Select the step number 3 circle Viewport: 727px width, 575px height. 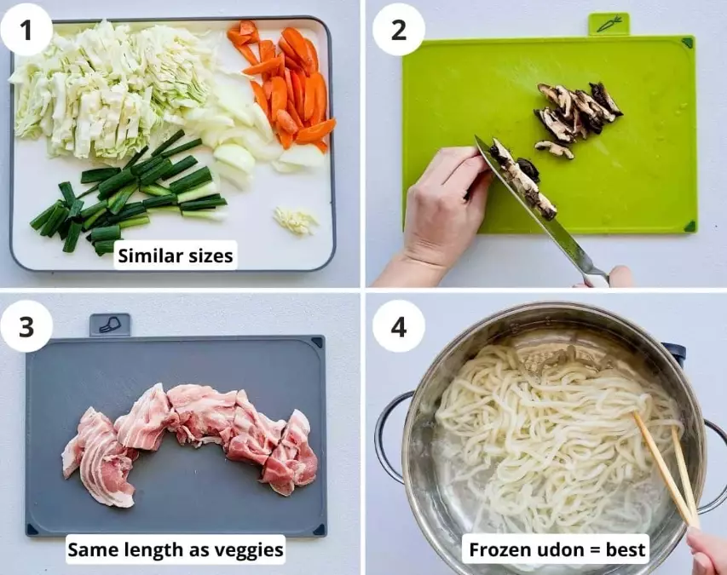click(26, 325)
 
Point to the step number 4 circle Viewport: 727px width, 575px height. click(399, 325)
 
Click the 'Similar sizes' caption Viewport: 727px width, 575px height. click(176, 255)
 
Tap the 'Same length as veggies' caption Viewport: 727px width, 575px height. click(176, 550)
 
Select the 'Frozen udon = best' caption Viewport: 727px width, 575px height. click(558, 549)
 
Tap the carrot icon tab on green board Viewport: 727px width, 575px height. click(609, 24)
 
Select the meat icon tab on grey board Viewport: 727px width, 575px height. click(110, 325)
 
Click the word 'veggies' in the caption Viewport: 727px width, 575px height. click(251, 550)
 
